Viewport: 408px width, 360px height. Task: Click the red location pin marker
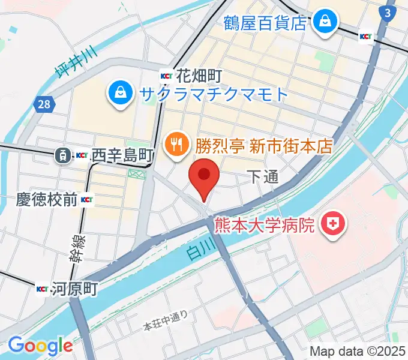(204, 176)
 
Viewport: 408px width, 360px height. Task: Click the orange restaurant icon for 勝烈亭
(176, 144)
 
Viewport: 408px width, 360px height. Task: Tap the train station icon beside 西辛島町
(62, 156)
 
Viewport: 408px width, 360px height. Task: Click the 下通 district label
(263, 176)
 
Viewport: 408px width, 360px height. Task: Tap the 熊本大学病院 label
(265, 226)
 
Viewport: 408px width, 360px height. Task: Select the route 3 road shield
(388, 13)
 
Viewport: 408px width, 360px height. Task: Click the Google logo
(40, 346)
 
